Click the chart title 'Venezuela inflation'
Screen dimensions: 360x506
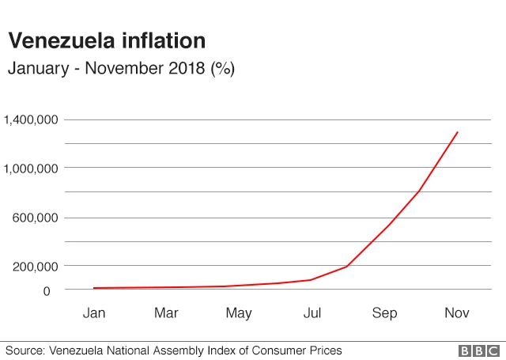click(x=107, y=40)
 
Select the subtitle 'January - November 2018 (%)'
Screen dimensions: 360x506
click(x=121, y=69)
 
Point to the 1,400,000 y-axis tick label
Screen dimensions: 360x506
click(x=30, y=119)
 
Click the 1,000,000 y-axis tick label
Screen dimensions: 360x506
click(x=30, y=169)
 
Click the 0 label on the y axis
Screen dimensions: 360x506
click(x=47, y=291)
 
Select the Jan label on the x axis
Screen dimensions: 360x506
click(x=94, y=313)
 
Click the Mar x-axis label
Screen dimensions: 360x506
click(x=166, y=313)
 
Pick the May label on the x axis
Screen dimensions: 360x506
click(x=239, y=313)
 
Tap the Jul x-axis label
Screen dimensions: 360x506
click(x=312, y=313)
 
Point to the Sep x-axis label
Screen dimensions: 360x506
click(x=384, y=313)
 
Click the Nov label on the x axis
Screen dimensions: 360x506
click(x=457, y=313)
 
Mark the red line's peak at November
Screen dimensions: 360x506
click(x=457, y=132)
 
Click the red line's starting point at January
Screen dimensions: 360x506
click(x=94, y=288)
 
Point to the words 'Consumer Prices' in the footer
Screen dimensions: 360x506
click(x=299, y=350)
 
